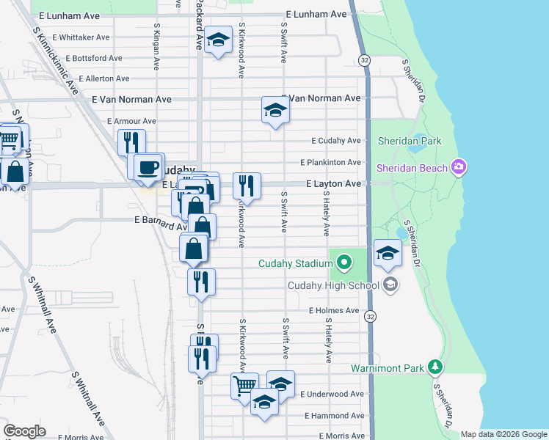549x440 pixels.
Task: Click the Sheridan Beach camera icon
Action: [x=459, y=168]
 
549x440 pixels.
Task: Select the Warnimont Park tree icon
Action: [x=436, y=366]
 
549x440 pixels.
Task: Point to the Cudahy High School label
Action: [x=333, y=285]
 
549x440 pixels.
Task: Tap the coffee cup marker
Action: [x=148, y=166]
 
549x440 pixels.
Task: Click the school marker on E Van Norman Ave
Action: [x=275, y=111]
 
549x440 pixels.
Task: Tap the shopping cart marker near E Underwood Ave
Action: [x=244, y=384]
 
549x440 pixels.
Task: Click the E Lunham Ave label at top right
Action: [x=316, y=14]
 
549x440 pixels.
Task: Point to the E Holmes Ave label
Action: [x=334, y=311]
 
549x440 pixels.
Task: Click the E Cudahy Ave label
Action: [x=336, y=140]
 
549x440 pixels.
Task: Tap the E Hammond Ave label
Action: [x=333, y=415]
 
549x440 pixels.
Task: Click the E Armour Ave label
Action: [x=131, y=121]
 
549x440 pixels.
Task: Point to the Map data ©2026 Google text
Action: [x=503, y=434]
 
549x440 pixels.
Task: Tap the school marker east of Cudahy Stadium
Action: [x=388, y=254]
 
